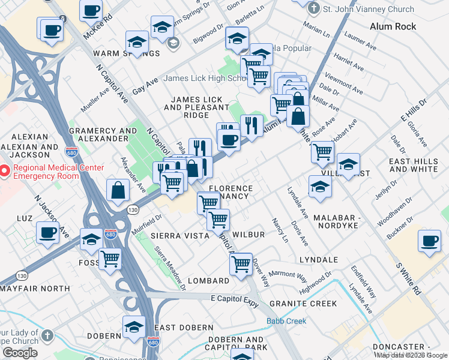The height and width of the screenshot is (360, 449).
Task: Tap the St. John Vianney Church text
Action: [x=369, y=9]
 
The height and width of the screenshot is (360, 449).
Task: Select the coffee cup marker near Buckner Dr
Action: [x=429, y=241]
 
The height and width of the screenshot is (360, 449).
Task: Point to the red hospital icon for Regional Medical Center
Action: [x=4, y=172]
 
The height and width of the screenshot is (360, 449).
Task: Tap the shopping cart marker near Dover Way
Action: [x=241, y=263]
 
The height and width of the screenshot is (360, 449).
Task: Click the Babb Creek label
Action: [x=286, y=321]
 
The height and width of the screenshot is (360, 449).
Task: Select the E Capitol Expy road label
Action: [x=235, y=300]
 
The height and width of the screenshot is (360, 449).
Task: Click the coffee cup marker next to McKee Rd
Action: [x=91, y=10]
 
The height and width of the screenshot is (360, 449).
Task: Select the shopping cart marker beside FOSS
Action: [x=110, y=259]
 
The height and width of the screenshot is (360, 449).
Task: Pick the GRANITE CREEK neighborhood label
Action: [x=303, y=304]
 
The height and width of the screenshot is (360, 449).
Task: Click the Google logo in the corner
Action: [x=20, y=353]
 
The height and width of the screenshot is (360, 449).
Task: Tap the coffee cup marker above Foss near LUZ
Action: [x=47, y=232]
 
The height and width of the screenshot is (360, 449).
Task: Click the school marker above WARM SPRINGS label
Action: [x=137, y=43]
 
